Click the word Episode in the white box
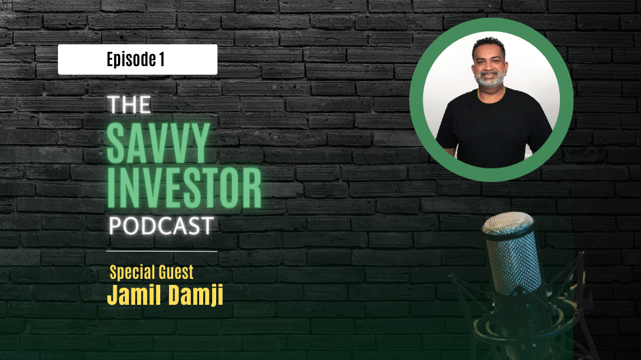click(131, 60)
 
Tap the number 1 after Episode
click(162, 59)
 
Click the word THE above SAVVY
click(129, 104)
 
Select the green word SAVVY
click(158, 143)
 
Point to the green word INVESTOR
click(184, 188)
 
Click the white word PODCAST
click(161, 226)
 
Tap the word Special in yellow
click(131, 273)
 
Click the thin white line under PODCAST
click(162, 251)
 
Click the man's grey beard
click(489, 80)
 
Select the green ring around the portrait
click(491, 25)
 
